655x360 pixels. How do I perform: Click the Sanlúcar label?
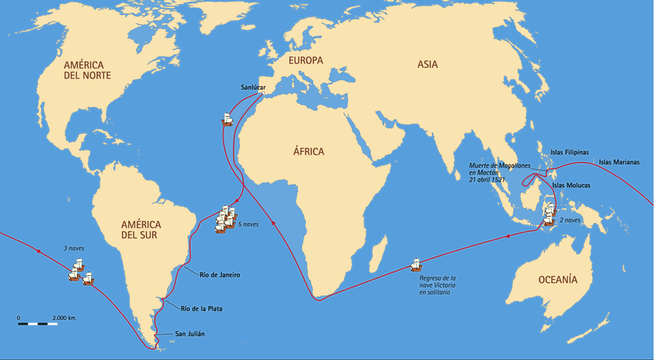[x=256, y=88]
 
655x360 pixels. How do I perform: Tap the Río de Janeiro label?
[x=219, y=275]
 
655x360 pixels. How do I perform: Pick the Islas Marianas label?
[x=619, y=162]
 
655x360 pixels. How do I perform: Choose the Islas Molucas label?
[x=572, y=185]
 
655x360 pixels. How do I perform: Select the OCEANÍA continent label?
[x=558, y=280]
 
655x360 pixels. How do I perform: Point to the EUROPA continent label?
[x=306, y=61]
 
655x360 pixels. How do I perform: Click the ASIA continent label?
[x=427, y=64]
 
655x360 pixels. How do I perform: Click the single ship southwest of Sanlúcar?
[x=227, y=119]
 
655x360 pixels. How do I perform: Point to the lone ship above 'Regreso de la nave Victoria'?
[x=416, y=266]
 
